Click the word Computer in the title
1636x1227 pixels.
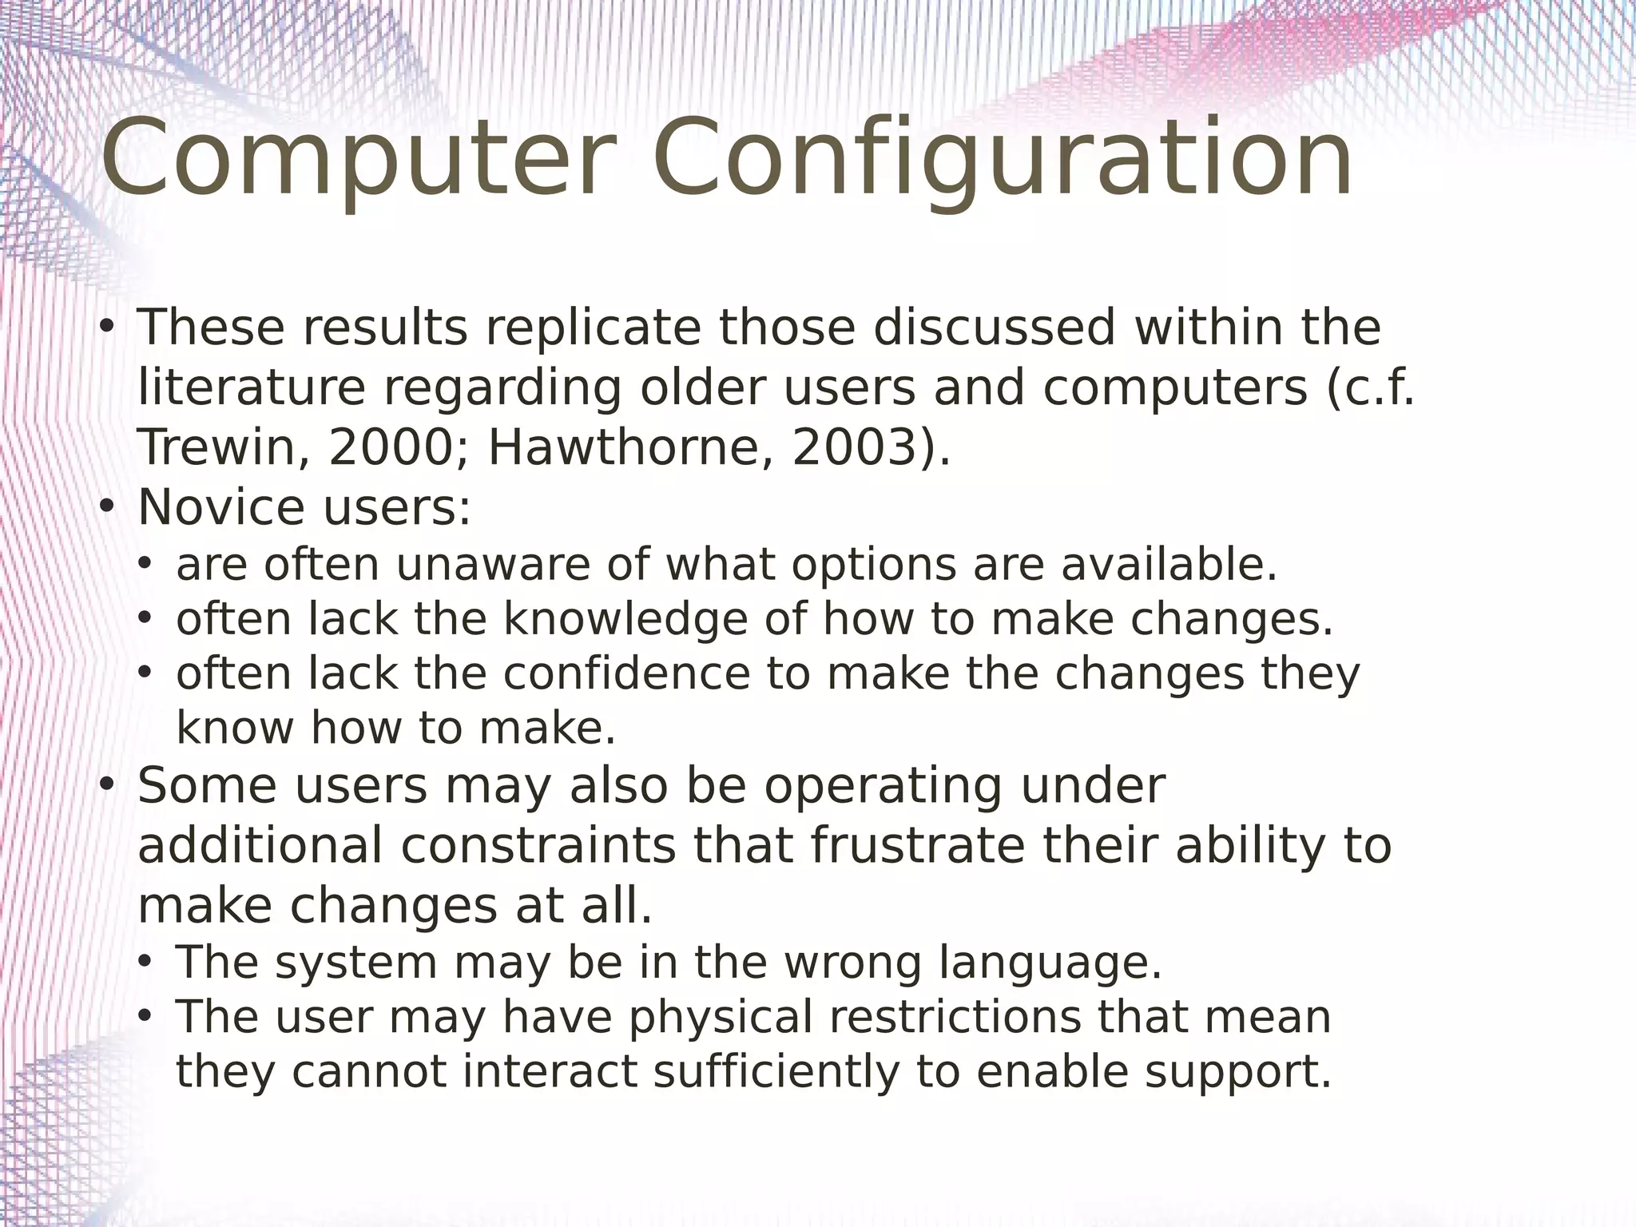click(359, 158)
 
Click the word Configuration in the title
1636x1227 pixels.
click(1002, 158)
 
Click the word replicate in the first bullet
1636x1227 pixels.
click(593, 328)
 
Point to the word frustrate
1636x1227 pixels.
click(917, 846)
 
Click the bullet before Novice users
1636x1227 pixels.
click(108, 506)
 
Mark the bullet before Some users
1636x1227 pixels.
click(108, 786)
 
